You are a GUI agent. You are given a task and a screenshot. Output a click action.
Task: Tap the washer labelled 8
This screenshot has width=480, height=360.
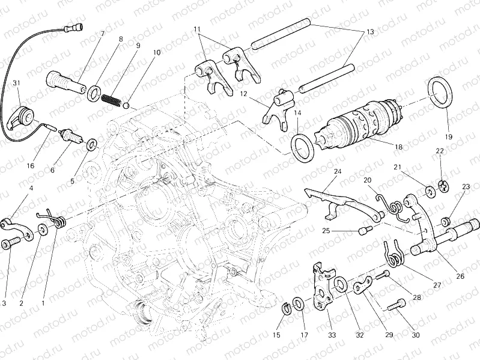(x=94, y=93)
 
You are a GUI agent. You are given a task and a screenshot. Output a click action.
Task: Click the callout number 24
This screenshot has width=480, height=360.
(x=338, y=171)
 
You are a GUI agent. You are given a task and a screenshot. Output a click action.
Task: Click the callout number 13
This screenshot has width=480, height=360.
(x=370, y=32)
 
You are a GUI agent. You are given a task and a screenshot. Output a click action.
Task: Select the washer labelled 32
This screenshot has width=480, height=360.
(x=339, y=283)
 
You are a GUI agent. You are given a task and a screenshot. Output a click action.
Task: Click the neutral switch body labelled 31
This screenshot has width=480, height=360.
(x=24, y=115)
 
